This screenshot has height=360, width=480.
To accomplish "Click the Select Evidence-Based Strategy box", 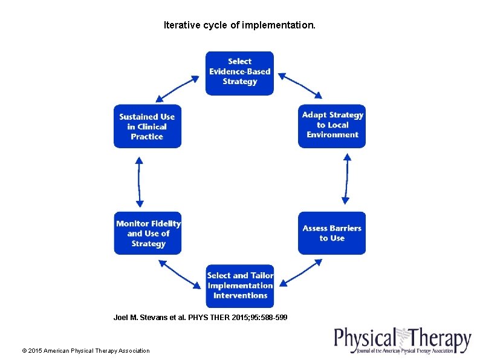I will (239, 73).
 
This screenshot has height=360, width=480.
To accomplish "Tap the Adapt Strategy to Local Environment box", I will (332, 125).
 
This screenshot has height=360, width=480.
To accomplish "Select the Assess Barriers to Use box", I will (332, 233).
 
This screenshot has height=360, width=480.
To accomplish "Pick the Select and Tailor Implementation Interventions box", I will (239, 286).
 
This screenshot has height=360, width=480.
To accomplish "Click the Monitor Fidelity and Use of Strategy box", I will (148, 233).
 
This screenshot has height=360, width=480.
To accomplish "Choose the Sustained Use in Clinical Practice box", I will (147, 126).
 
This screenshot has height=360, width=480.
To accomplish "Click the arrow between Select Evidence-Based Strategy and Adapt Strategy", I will (300, 85).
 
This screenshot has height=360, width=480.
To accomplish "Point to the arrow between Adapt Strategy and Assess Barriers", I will (346, 179).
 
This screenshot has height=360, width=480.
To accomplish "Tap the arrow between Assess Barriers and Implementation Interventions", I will (302, 272).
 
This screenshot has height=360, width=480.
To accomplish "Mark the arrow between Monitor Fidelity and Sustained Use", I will (139, 181).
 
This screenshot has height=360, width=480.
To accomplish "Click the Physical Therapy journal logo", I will (403, 341).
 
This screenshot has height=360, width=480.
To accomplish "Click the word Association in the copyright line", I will (133, 350).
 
